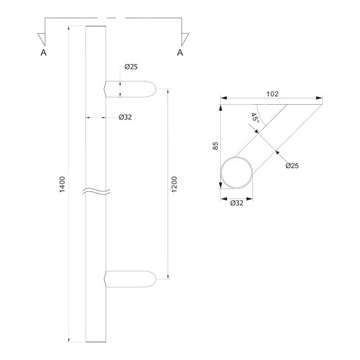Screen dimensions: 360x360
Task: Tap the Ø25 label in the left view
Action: coord(131,67)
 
